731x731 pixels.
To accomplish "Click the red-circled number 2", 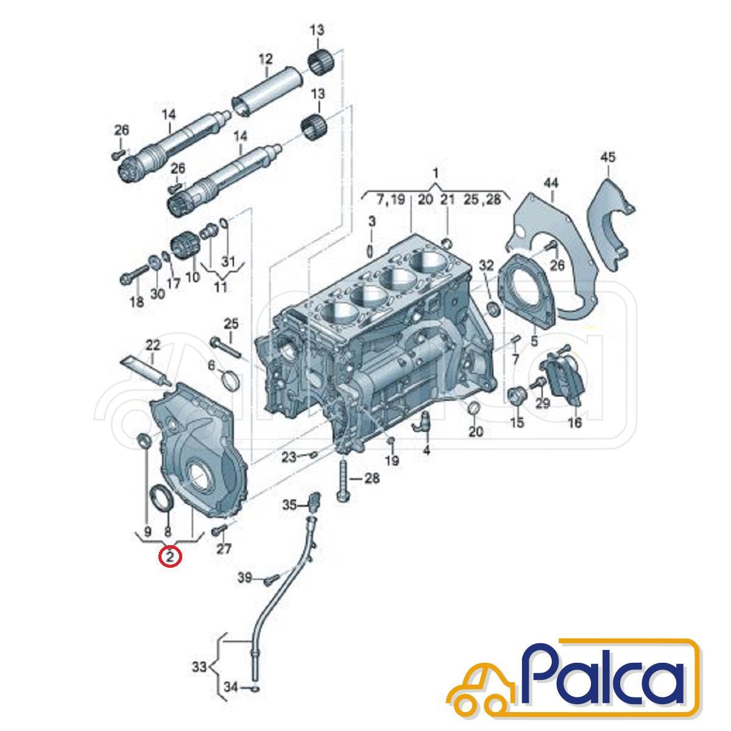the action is click(x=171, y=568).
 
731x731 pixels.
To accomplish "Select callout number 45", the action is click(x=608, y=157).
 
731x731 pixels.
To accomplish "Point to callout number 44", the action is click(x=551, y=183).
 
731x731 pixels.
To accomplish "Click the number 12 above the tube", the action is click(x=266, y=59).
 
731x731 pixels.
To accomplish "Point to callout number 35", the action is click(x=290, y=505).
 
